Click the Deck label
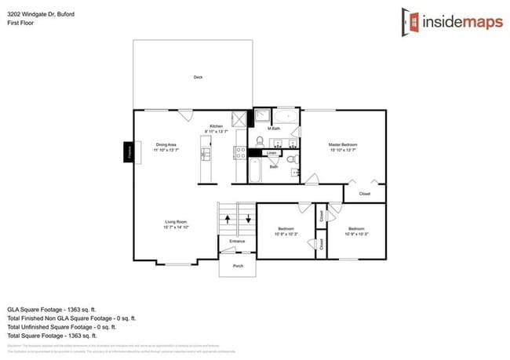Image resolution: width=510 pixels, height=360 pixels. [198, 77]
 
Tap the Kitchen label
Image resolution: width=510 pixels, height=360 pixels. [216, 128]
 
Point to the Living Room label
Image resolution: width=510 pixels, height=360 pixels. [175, 225]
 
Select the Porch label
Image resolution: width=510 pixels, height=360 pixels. [237, 266]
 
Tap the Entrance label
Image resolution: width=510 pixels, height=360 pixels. [237, 241]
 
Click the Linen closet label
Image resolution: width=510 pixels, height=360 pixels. [271, 153]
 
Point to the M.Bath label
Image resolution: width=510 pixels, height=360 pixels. [274, 128]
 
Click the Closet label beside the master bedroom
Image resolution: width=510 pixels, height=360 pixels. [365, 193]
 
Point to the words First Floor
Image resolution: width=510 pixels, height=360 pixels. [20, 24]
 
